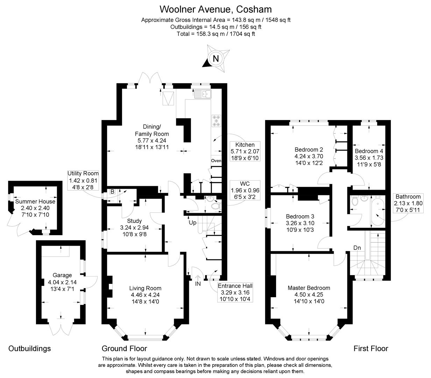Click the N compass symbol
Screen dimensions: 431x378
pyautogui.click(x=216, y=58)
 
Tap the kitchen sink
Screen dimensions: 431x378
pyautogui.click(x=203, y=94)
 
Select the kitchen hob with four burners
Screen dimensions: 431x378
pyautogui.click(x=216, y=121)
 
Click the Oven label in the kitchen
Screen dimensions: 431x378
pyautogui.click(x=216, y=161)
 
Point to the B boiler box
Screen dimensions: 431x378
pyautogui.click(x=112, y=191)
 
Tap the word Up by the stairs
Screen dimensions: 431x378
pyautogui.click(x=192, y=223)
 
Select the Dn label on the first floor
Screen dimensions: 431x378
pyautogui.click(x=357, y=248)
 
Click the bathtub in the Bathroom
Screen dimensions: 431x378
pyautogui.click(x=378, y=211)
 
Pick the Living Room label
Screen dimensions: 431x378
pyautogui.click(x=145, y=288)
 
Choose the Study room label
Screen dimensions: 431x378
pyautogui.click(x=134, y=221)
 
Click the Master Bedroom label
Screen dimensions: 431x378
pyautogui.click(x=309, y=288)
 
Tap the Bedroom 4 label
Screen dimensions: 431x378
pyautogui.click(x=369, y=151)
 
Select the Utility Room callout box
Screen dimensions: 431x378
pyautogui.click(x=83, y=180)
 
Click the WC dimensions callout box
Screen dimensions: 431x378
pyautogui.click(x=245, y=190)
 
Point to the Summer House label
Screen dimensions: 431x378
pyautogui.click(x=35, y=201)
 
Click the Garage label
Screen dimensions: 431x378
pyautogui.click(x=62, y=275)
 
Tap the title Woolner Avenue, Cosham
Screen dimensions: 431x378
pyautogui.click(x=216, y=9)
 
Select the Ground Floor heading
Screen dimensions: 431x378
pyautogui.click(x=124, y=348)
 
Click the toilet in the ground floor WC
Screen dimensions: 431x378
pyautogui.click(x=216, y=206)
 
